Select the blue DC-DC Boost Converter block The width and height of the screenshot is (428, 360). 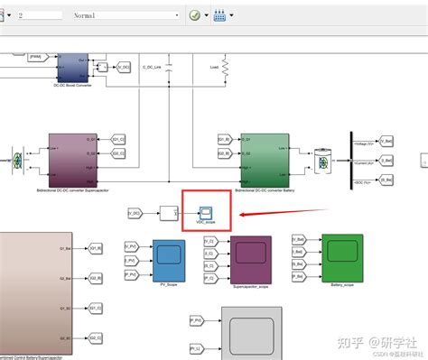pyautogui.click(x=70, y=67)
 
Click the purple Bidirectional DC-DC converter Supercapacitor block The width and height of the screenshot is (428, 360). pyautogui.click(x=66, y=159)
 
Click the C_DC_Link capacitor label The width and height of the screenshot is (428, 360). pyautogui.click(x=152, y=67)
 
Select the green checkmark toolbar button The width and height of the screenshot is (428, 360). pyautogui.click(x=195, y=15)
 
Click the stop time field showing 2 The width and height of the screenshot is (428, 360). pyautogui.click(x=33, y=15)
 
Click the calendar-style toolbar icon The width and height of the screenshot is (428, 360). pyautogui.click(x=219, y=15)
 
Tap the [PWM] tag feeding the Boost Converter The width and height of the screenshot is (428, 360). pyautogui.click(x=36, y=57)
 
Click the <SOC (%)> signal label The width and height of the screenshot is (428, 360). pyautogui.click(x=363, y=180)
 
